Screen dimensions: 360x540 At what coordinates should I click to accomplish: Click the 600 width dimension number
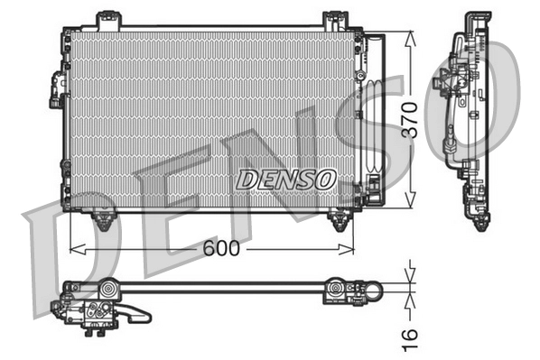(220, 249)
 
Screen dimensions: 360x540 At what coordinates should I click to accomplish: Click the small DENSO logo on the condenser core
(285, 179)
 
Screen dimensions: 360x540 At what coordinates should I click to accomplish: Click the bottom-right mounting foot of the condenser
(340, 219)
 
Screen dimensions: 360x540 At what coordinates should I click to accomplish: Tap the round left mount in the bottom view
(107, 291)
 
